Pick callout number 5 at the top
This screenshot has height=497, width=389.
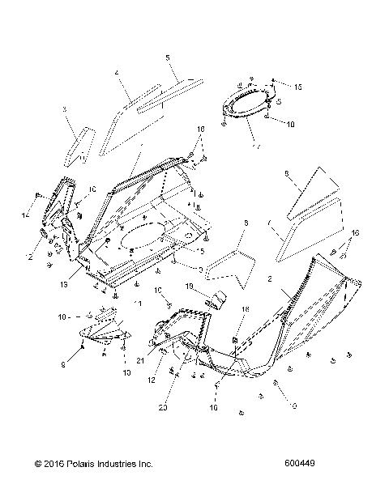point(167,57)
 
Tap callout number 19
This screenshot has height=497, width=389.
point(187,287)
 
